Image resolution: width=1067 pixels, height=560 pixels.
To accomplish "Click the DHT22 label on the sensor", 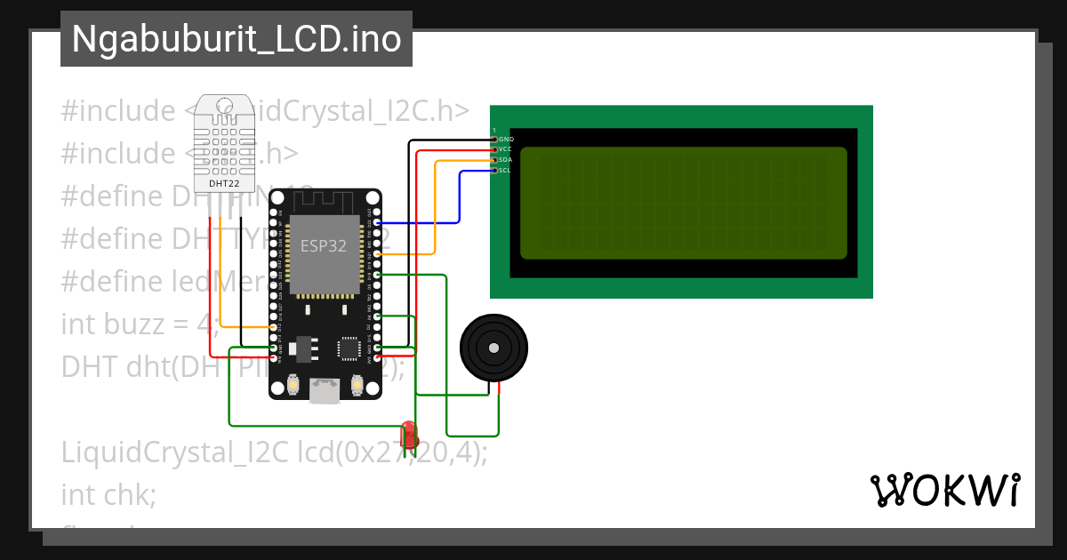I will pyautogui.click(x=223, y=184).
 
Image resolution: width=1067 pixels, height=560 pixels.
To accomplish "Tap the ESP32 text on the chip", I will pyautogui.click(x=325, y=246).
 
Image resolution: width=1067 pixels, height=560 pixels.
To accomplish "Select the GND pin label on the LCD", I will pyautogui.click(x=506, y=139).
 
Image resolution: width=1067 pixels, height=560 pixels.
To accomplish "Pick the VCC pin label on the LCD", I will pyautogui.click(x=505, y=148).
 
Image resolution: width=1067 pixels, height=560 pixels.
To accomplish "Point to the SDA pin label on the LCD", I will pyautogui.click(x=505, y=159).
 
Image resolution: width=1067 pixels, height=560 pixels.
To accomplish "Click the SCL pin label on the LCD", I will pyautogui.click(x=505, y=170).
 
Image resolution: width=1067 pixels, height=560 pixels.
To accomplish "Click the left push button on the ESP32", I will pyautogui.click(x=293, y=385).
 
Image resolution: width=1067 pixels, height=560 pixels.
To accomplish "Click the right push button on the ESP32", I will pyautogui.click(x=357, y=385).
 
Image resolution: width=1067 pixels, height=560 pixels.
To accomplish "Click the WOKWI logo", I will pyautogui.click(x=944, y=491).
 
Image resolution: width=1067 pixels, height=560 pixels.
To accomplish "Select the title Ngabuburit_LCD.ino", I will pyautogui.click(x=236, y=39).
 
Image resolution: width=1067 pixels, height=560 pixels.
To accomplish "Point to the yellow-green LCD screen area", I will pyautogui.click(x=683, y=203).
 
